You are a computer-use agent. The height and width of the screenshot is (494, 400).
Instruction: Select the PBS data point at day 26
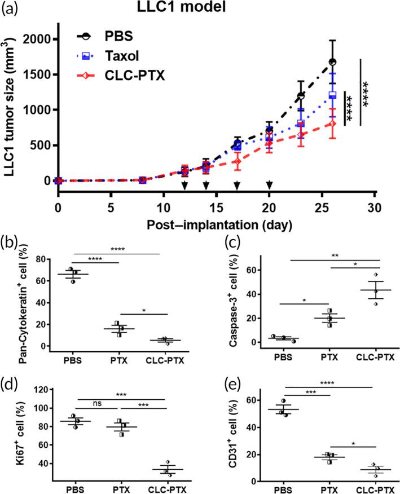333,62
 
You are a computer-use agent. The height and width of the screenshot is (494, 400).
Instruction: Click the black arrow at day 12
184,186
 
